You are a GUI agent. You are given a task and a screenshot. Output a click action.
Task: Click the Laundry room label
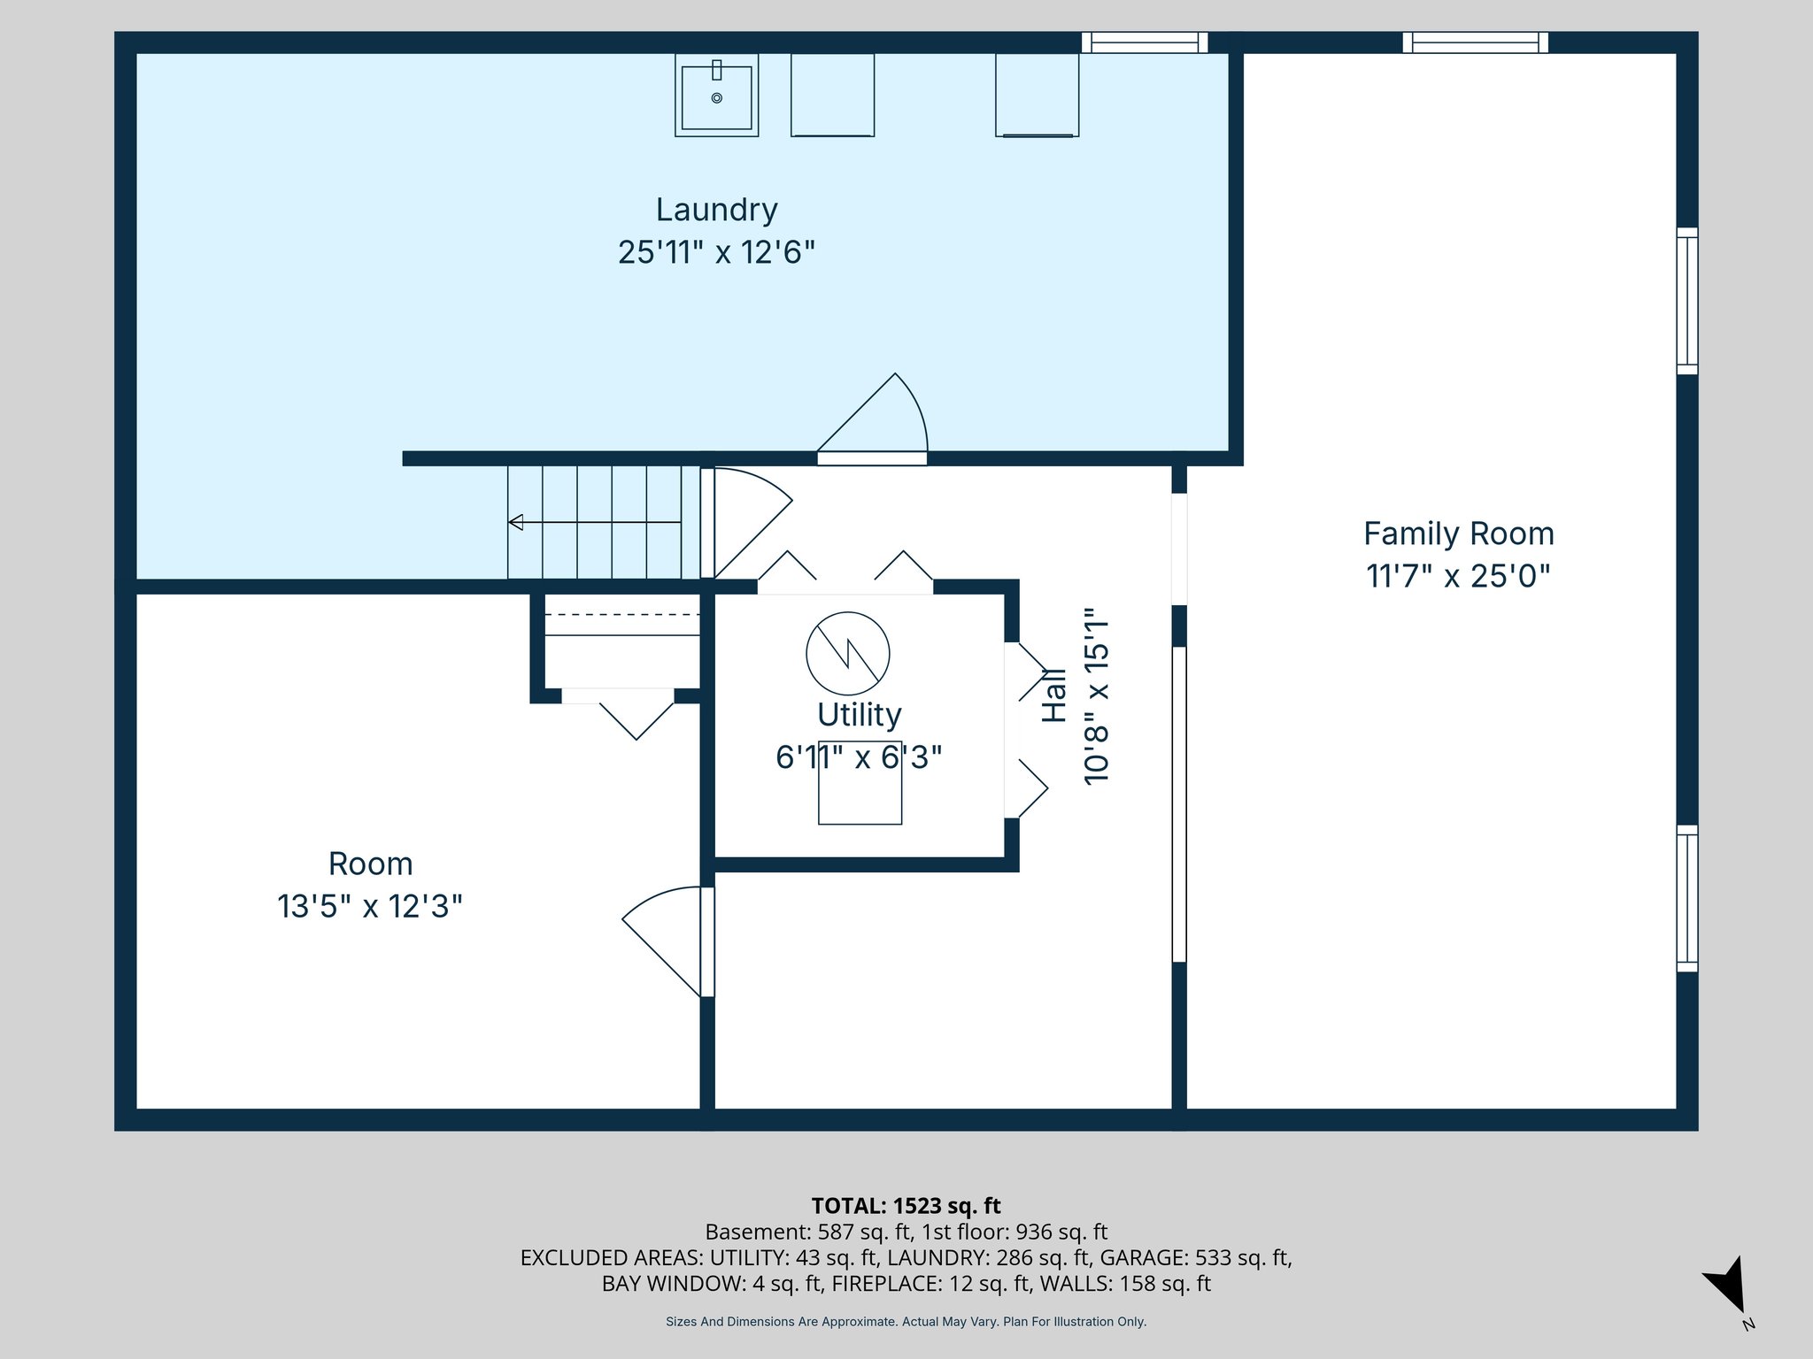(x=716, y=211)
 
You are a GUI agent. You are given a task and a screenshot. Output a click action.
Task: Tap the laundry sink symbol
(x=716, y=96)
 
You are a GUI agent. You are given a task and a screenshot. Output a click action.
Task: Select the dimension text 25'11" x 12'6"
(x=716, y=253)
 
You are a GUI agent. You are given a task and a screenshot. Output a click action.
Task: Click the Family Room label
(x=1458, y=534)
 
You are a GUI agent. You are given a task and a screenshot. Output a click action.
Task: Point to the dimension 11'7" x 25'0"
(x=1458, y=577)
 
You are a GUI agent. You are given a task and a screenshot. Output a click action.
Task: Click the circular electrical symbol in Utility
(x=847, y=654)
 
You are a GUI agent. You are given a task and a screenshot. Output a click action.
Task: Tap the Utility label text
(x=859, y=715)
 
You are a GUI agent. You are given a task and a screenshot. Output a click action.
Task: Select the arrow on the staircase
(x=516, y=522)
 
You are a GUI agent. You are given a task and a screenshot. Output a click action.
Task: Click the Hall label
(x=1053, y=695)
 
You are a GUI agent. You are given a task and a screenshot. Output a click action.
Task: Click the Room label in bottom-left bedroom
(x=370, y=864)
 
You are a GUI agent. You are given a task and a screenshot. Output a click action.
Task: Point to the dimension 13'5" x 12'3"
(x=370, y=907)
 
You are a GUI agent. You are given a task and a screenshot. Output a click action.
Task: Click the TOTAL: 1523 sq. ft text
(x=906, y=1206)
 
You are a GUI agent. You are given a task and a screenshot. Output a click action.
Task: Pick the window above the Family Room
(x=1475, y=42)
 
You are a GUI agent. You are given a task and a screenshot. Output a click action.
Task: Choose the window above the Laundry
(x=1145, y=42)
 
